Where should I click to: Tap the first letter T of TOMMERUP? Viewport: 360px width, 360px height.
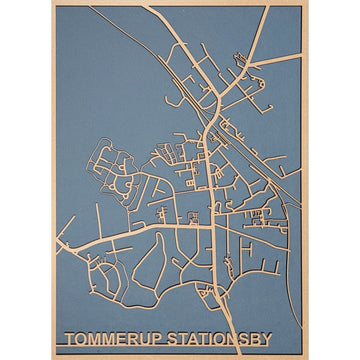[x=69, y=339]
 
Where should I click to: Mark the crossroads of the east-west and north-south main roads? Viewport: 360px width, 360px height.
[x=211, y=224]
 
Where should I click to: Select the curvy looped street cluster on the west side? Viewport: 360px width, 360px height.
[x=110, y=175]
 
